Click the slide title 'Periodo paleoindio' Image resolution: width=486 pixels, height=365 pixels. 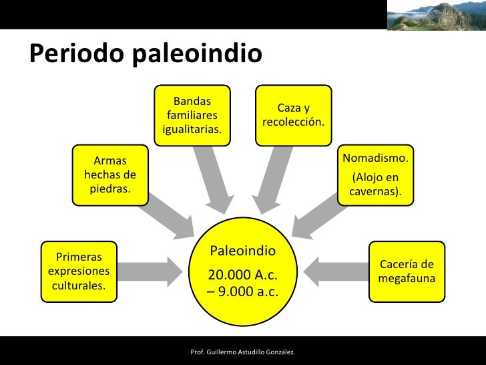146,53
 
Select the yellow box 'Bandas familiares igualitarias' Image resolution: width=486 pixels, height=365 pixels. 192,115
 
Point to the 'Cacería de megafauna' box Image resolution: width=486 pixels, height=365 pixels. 407,271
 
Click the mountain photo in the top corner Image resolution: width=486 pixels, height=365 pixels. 435,15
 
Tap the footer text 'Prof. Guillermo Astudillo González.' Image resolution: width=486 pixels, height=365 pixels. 243,352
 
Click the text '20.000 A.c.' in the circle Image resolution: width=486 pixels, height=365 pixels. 243,275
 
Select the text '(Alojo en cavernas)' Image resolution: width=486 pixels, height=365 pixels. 376,185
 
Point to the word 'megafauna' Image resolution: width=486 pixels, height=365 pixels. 407,277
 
